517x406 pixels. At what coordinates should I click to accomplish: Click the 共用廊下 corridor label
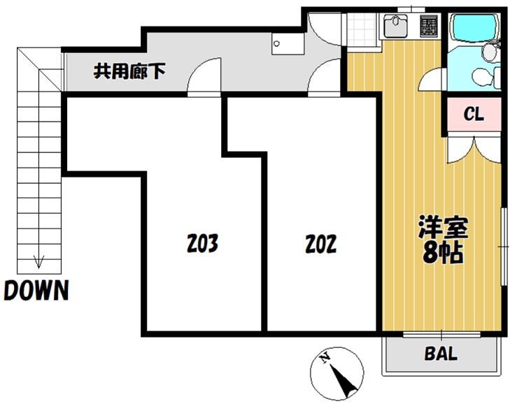coord(129,71)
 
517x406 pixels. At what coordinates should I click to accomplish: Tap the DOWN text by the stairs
coord(36,290)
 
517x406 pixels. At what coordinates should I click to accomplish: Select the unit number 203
coord(202,243)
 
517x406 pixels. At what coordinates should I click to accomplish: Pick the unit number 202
coord(321,244)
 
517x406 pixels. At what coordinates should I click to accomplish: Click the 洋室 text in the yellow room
coord(443,227)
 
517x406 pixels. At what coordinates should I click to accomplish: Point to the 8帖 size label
coord(443,253)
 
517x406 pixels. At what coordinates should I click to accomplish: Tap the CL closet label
coord(474,114)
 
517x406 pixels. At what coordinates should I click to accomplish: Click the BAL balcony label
coord(441,354)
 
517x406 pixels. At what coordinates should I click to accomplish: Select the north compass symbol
coord(337,373)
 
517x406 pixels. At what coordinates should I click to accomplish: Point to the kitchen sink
coord(395,26)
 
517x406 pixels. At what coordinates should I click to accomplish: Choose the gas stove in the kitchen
coord(429,26)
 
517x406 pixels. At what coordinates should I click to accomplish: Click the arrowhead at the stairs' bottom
coord(38,262)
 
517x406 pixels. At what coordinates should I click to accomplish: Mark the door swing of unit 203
coord(204,76)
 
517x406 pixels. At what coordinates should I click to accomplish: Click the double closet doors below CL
coord(474,150)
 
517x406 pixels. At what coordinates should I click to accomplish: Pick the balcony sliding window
coord(441,334)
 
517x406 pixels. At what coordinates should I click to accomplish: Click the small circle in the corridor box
coord(276,43)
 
